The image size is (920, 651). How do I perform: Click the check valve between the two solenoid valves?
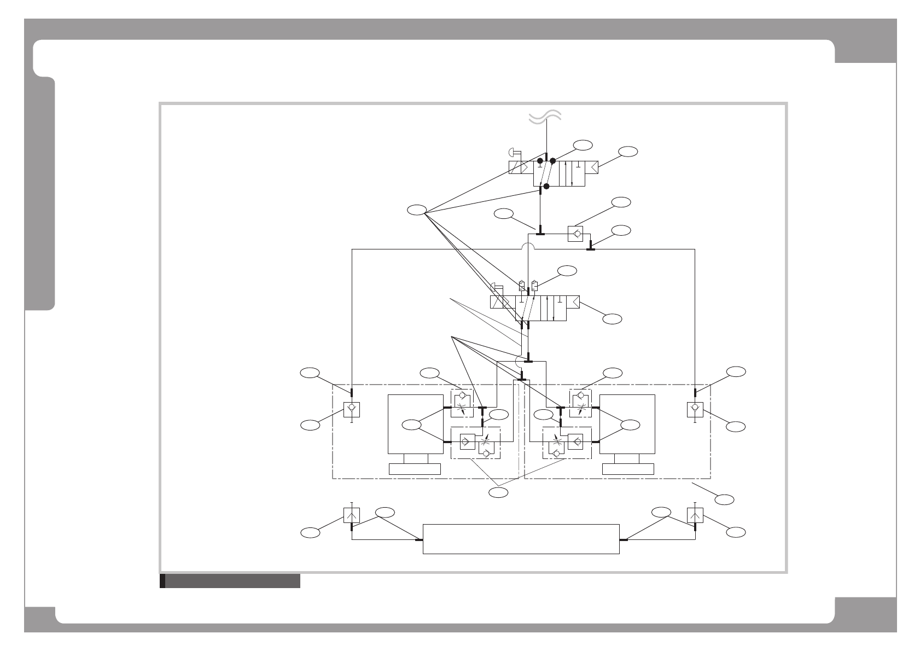575,234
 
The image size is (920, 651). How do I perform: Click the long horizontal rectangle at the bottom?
521,539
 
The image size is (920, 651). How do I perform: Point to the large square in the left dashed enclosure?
415,424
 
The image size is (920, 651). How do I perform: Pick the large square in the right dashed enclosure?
627,424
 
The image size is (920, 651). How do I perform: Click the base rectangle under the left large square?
415,469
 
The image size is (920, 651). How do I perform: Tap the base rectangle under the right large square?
628,469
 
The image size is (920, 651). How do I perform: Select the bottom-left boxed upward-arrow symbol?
351,515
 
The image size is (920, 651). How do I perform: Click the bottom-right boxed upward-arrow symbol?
695,515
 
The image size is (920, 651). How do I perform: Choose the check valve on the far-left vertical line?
351,409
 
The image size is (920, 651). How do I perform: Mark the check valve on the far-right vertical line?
695,409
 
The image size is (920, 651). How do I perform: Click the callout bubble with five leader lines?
417,210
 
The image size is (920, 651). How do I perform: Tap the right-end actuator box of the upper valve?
590,167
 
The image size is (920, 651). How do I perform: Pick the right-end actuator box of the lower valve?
573,303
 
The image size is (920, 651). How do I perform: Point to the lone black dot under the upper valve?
546,186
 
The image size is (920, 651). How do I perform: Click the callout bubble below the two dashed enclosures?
498,493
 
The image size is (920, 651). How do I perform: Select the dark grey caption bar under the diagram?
232,581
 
